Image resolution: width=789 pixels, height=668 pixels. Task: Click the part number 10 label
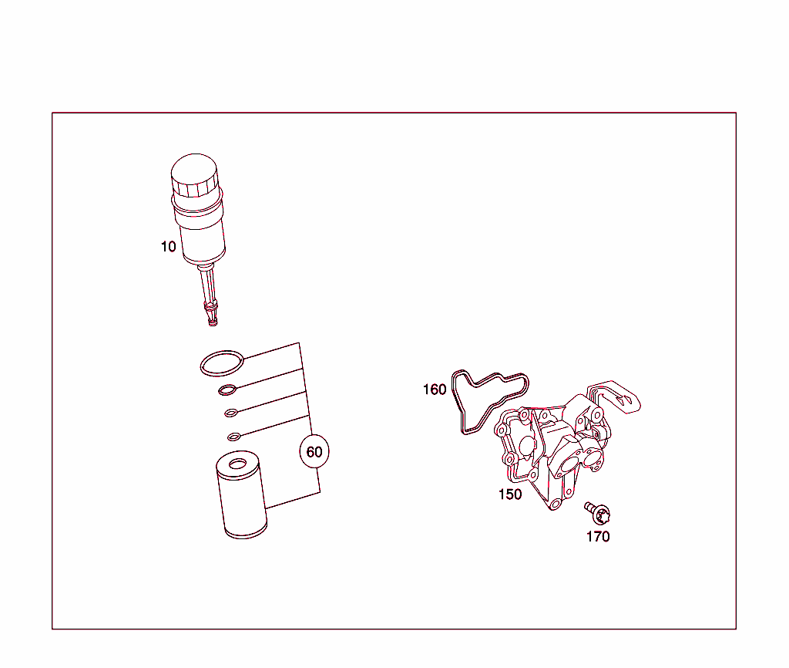point(168,247)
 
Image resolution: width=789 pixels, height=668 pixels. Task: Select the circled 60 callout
point(314,452)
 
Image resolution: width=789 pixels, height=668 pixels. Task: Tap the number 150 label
point(510,494)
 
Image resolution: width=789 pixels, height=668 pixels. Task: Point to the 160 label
point(435,390)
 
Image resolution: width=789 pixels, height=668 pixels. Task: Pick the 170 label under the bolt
point(598,537)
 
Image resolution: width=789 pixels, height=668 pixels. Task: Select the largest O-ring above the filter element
point(222,363)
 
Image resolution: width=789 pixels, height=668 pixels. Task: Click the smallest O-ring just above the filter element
point(234,437)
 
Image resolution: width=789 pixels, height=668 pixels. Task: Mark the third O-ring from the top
point(231,413)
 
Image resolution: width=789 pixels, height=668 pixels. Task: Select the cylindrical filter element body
point(242,501)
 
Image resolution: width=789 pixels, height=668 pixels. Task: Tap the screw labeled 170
point(596,511)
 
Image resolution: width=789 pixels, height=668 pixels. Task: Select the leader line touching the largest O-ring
point(270,351)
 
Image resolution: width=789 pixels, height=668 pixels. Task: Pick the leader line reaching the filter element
point(293,500)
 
